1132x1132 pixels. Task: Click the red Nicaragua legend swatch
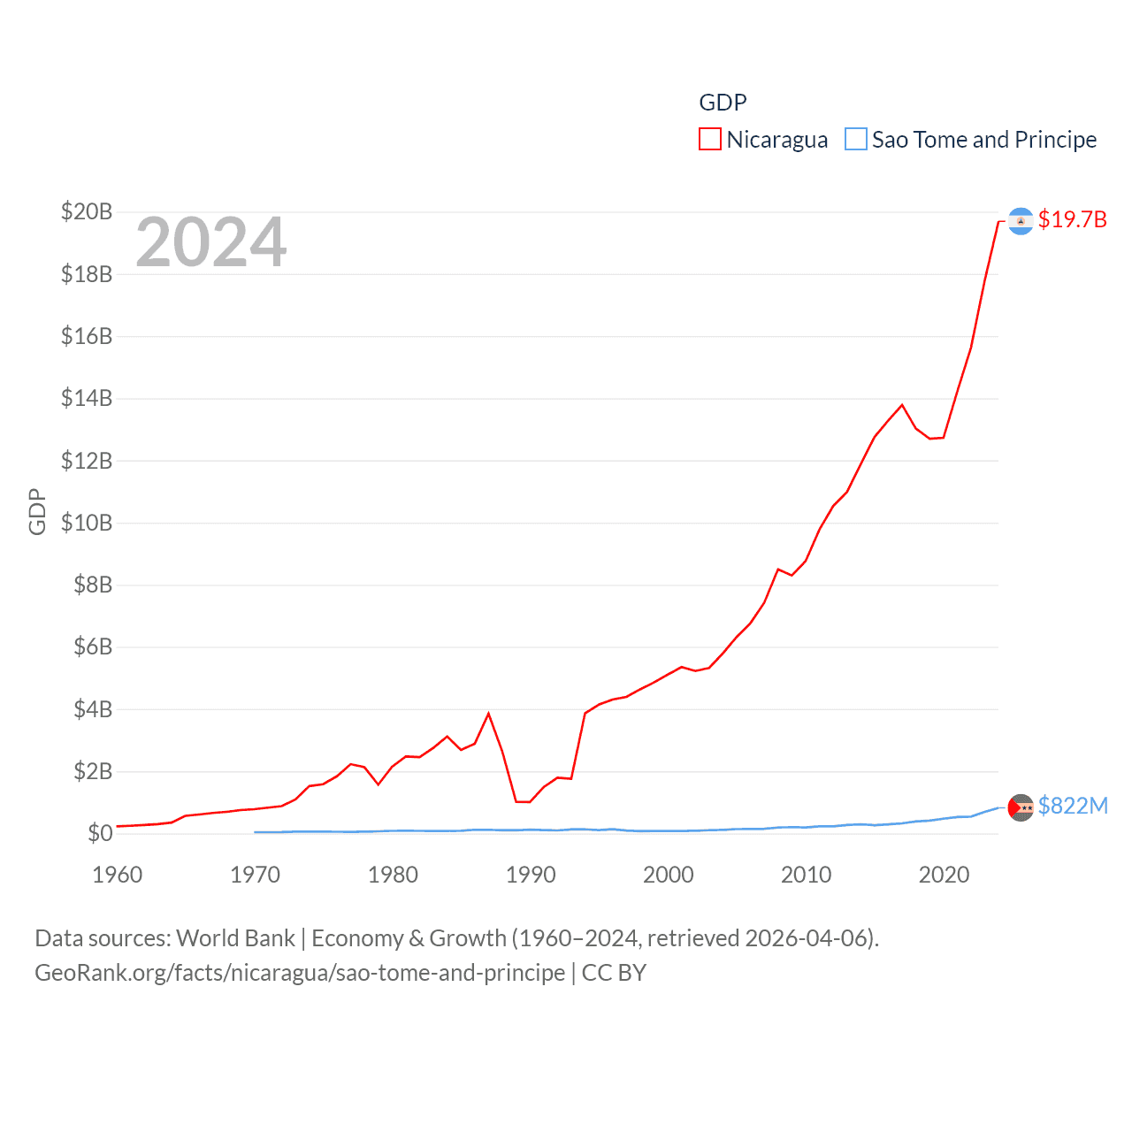coord(710,140)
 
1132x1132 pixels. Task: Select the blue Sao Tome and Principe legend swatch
coord(856,140)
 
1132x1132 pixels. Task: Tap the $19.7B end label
coord(1072,219)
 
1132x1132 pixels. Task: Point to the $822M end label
coord(1073,806)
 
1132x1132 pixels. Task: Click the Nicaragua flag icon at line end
coord(1021,221)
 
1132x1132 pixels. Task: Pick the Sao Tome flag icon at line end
coord(1021,807)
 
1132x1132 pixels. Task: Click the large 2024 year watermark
coord(210,242)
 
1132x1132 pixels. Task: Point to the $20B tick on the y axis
coord(87,212)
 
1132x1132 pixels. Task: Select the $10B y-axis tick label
coord(87,523)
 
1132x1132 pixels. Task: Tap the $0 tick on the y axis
coord(100,833)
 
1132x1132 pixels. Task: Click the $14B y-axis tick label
coord(87,399)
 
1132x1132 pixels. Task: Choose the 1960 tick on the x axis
coord(118,875)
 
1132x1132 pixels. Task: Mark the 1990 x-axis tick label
coord(531,875)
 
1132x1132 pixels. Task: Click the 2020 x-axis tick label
coord(944,875)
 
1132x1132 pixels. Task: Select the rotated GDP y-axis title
coord(37,511)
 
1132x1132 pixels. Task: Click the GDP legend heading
coord(723,103)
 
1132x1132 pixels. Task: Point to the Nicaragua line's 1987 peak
coord(489,714)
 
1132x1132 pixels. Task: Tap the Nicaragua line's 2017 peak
coord(902,405)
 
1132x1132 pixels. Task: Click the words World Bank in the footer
coord(235,938)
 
